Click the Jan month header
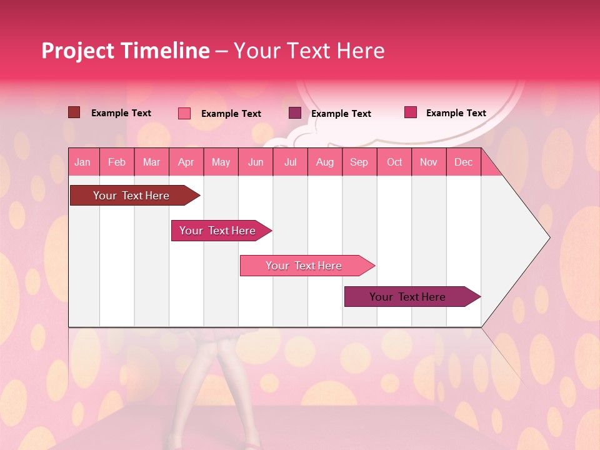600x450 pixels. tap(82, 162)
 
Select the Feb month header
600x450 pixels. tap(117, 162)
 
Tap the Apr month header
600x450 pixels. tap(186, 162)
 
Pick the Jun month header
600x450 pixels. tap(256, 162)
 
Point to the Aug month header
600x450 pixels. tap(325, 162)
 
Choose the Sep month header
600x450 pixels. tap(359, 162)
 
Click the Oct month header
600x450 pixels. tap(394, 162)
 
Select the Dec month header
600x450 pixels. tap(464, 162)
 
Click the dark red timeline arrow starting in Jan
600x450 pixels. tap(131, 196)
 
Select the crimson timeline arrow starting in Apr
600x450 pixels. tap(217, 231)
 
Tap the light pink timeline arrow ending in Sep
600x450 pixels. tap(304, 266)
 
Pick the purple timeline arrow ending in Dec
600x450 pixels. tap(407, 297)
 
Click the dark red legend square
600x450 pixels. tap(74, 112)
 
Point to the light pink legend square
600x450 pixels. tap(184, 113)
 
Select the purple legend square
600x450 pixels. tap(295, 113)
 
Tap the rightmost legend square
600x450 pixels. tap(411, 112)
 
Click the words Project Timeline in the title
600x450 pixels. tap(125, 51)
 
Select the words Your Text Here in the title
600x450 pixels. tap(309, 51)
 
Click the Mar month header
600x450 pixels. tap(152, 162)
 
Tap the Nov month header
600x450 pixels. tap(429, 162)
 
